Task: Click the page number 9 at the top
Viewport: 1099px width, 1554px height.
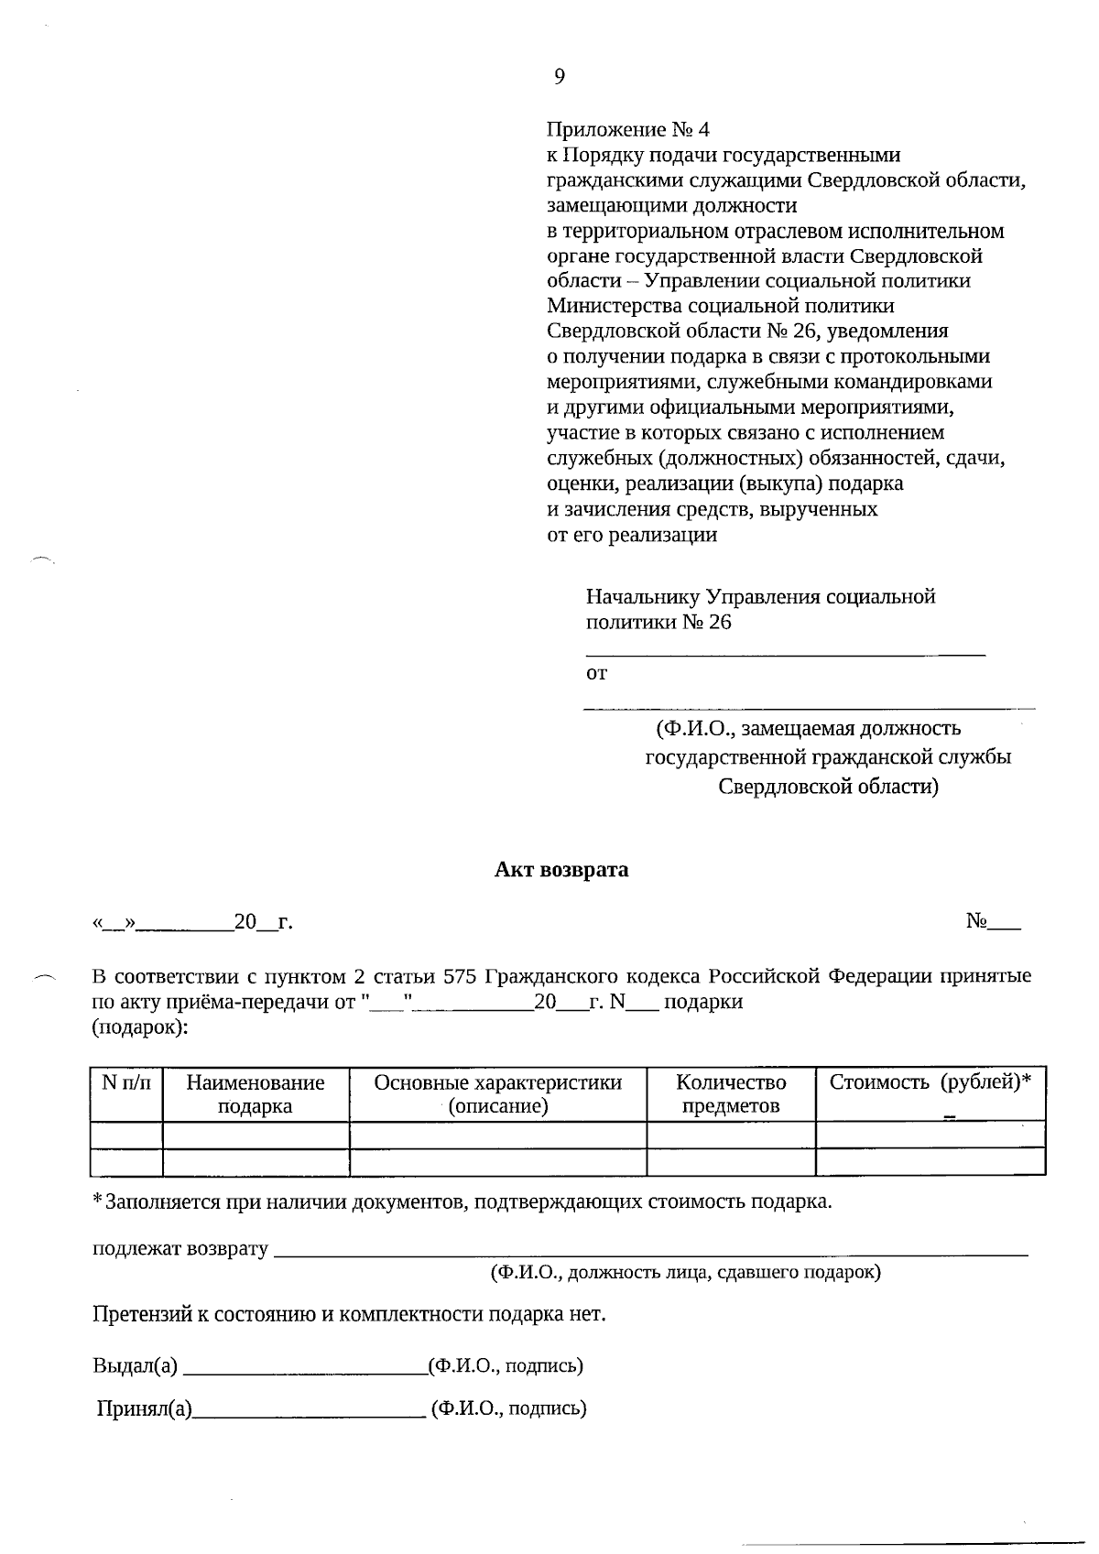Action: (x=560, y=77)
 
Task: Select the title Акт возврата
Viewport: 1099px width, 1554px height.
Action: (x=561, y=869)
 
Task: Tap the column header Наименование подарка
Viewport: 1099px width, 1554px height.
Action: (x=256, y=1094)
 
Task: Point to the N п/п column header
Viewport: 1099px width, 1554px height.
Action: (x=126, y=1082)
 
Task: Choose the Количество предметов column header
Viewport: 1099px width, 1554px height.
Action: (x=731, y=1094)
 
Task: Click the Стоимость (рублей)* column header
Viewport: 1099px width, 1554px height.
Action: (x=930, y=1082)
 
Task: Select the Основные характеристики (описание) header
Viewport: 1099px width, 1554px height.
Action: (x=497, y=1094)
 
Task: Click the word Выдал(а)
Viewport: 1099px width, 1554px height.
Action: (x=135, y=1366)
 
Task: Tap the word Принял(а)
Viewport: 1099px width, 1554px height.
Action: (x=145, y=1408)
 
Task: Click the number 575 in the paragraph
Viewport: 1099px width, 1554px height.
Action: (x=460, y=976)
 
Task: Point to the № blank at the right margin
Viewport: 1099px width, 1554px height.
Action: (x=993, y=921)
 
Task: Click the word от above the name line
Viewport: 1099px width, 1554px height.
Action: (x=596, y=674)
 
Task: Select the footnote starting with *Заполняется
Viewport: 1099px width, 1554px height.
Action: (x=462, y=1201)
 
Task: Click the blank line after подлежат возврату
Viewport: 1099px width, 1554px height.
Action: (x=650, y=1250)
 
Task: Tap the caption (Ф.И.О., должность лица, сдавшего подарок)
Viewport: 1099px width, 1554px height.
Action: (x=685, y=1272)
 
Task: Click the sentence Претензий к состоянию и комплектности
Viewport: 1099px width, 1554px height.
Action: (x=349, y=1315)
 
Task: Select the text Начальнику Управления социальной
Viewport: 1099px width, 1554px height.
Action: (x=760, y=597)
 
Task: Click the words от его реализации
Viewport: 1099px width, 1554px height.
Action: (x=632, y=535)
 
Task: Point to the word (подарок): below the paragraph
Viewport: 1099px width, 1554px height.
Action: (x=139, y=1027)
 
